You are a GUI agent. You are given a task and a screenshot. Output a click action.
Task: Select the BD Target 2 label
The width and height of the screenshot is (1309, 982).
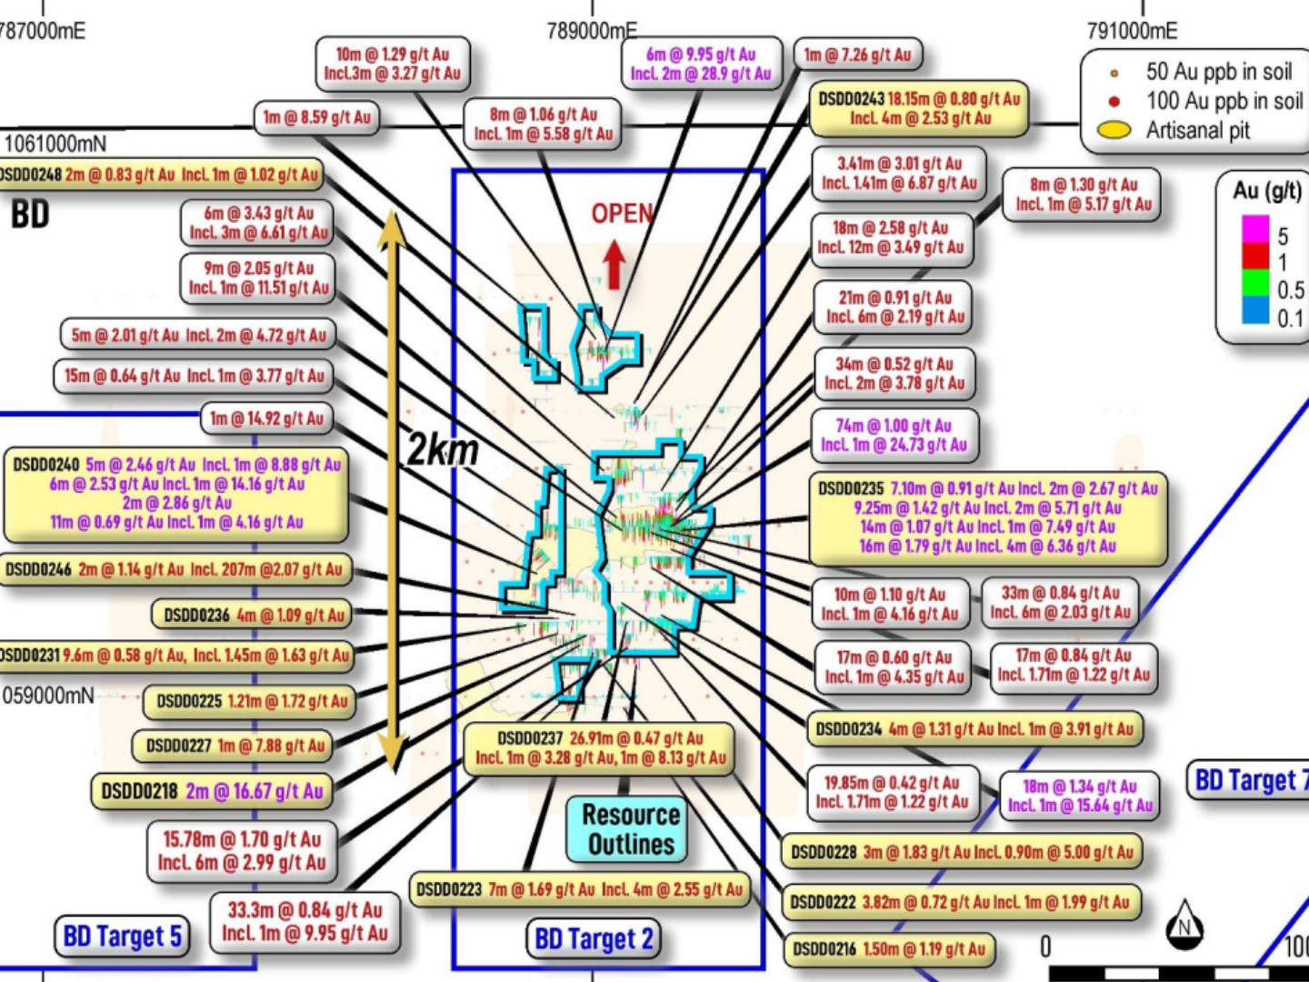[594, 938]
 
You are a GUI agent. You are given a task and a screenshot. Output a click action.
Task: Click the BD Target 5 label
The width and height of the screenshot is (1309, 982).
[123, 936]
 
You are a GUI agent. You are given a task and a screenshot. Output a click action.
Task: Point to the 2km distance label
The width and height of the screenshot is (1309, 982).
[442, 449]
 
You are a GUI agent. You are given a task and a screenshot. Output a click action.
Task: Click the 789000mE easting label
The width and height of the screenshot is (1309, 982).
[592, 31]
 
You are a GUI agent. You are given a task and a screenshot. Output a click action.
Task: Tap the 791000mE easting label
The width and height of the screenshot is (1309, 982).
[1132, 31]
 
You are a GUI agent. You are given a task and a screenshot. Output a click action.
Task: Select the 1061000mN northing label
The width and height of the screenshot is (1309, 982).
[55, 144]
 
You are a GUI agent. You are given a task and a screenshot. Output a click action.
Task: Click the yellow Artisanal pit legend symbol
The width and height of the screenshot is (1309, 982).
[1114, 130]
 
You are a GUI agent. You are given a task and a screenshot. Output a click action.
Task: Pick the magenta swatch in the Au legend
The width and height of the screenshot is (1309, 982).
[1255, 228]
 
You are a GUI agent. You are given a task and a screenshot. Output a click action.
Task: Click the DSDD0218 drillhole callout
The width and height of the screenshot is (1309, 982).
[212, 791]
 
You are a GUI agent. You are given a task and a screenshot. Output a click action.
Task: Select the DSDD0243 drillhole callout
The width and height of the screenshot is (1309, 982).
[919, 108]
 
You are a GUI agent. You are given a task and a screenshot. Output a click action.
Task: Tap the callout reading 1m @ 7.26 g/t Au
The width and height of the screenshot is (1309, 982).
[857, 55]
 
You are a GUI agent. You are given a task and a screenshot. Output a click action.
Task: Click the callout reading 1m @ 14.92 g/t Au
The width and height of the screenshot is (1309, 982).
[266, 418]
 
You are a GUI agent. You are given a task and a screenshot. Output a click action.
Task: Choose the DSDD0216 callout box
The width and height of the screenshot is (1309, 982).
[888, 949]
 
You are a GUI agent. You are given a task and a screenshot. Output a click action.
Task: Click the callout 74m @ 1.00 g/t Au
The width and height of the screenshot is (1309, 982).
[894, 435]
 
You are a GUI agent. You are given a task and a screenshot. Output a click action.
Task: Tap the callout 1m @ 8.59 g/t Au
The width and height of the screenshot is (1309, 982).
[316, 117]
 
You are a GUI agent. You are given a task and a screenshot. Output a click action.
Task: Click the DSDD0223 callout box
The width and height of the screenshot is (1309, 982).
[579, 889]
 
